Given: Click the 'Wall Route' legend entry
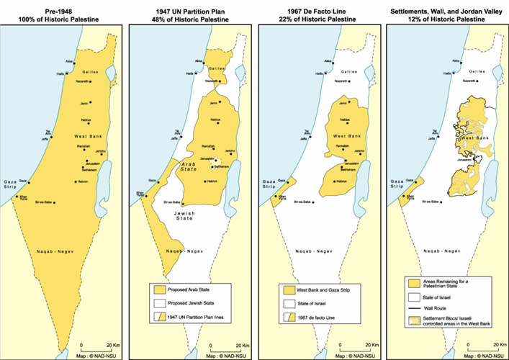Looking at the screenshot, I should coord(436,310).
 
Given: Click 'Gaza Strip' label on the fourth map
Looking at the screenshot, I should coord(398,186).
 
